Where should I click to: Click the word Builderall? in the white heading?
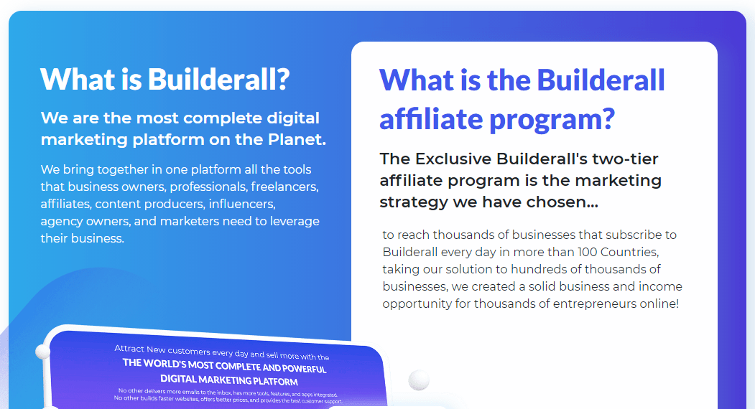218,78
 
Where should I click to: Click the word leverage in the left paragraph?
295,221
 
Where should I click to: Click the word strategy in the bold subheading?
413,202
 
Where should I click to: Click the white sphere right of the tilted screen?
419,380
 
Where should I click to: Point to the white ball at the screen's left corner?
42,351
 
